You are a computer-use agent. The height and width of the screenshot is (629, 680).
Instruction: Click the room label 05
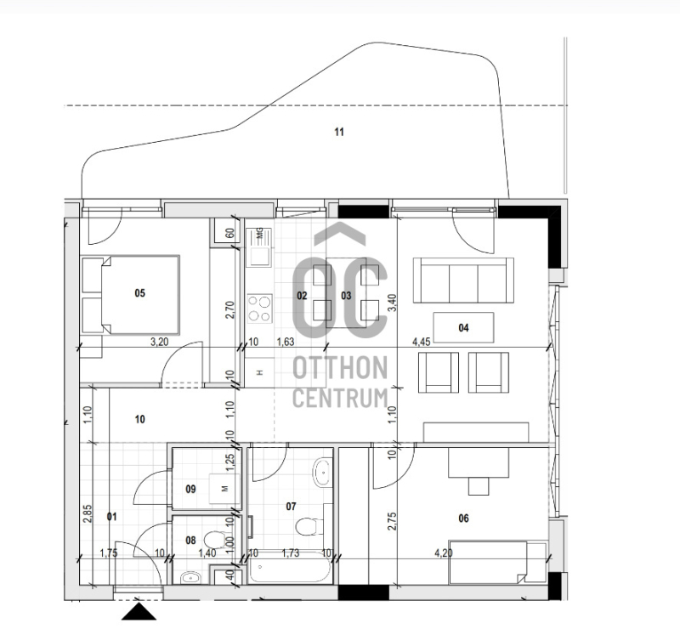tap(139, 293)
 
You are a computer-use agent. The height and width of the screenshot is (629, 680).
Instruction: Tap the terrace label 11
tap(339, 132)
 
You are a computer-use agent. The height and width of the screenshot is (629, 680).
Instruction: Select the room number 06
tap(463, 518)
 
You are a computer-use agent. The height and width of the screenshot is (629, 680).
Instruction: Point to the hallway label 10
tap(139, 420)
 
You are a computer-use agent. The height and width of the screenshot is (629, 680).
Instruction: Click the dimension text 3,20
tap(159, 342)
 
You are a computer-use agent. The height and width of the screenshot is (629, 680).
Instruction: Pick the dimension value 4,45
tap(421, 342)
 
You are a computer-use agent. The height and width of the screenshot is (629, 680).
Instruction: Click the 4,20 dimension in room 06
tap(444, 553)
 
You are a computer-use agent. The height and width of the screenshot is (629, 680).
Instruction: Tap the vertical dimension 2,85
tap(88, 513)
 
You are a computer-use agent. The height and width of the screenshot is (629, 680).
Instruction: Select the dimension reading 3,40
tap(392, 303)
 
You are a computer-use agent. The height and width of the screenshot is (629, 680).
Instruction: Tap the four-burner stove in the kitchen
tap(260, 309)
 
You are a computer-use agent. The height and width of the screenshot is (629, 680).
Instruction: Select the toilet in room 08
tap(214, 540)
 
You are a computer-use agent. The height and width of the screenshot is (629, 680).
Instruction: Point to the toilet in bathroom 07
tap(309, 526)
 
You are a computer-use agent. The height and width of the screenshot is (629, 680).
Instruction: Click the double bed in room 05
tap(140, 295)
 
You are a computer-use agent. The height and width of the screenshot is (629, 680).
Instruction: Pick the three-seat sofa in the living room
tap(463, 280)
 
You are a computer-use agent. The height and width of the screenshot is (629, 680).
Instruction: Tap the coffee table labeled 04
tap(463, 327)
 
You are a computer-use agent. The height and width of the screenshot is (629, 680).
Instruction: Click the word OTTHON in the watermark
tap(340, 368)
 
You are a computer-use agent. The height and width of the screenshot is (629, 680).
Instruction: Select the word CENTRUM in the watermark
tap(340, 398)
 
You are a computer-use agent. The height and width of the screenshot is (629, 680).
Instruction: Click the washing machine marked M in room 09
tap(224, 489)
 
